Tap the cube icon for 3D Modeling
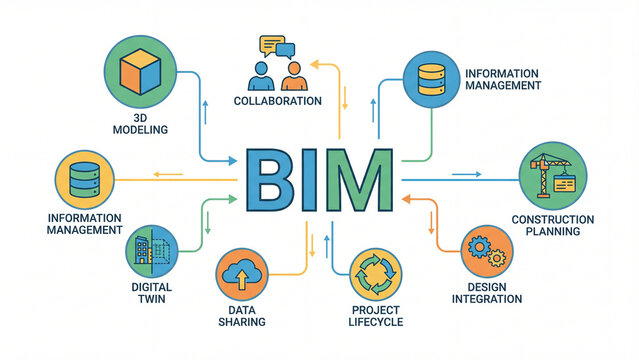pyautogui.click(x=141, y=73)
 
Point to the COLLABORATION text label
pyautogui.click(x=277, y=101)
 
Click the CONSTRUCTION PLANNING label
pyautogui.click(x=552, y=226)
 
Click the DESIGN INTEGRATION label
pyautogui.click(x=487, y=293)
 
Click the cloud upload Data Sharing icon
pyautogui.click(x=241, y=275)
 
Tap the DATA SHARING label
pyautogui.click(x=241, y=315)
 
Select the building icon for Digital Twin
pyautogui.click(x=150, y=252)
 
